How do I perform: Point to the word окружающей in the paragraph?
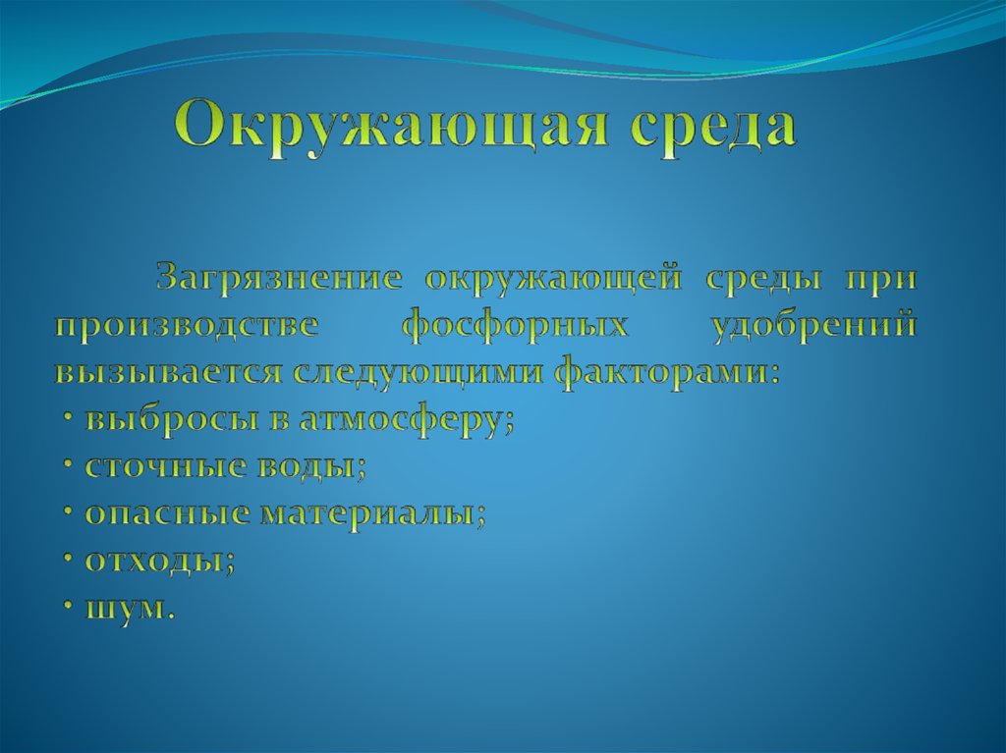coord(553,279)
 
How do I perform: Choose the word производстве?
coord(187,326)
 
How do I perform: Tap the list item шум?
coord(129,609)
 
